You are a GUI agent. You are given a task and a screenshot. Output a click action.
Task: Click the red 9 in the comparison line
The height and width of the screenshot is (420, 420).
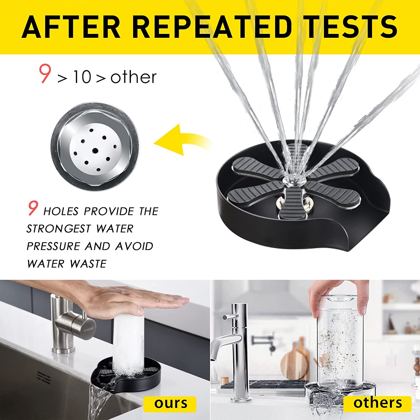tap(45, 73)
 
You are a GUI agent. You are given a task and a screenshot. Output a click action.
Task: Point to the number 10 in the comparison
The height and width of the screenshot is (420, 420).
tap(82, 77)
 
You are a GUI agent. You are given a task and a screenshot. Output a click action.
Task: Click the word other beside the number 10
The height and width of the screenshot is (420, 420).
tap(134, 77)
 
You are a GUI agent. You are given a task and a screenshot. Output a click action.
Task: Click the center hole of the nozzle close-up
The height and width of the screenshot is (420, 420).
tap(95, 151)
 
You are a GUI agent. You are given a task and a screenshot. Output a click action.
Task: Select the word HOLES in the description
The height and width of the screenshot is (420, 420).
tap(61, 211)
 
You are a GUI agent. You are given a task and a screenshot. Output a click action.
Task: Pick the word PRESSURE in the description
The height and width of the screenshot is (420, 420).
tap(53, 246)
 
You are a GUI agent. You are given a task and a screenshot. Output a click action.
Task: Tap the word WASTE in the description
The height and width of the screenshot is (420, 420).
tap(88, 264)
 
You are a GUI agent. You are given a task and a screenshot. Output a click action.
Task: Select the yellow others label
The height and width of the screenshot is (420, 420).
tap(377, 403)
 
